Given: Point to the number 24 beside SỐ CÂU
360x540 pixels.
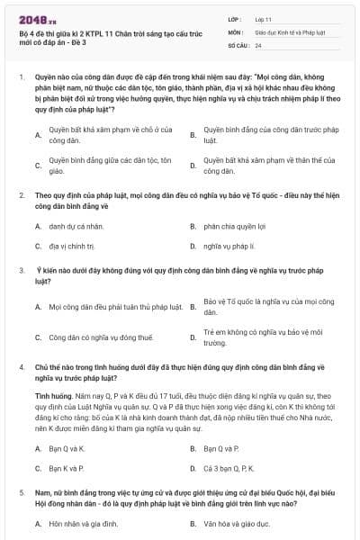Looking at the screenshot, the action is [258, 44].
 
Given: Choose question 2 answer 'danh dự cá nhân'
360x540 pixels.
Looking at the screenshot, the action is [74, 227].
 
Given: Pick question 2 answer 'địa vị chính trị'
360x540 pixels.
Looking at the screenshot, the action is [72, 245].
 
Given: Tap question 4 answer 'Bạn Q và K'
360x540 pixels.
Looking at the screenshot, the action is [67, 448].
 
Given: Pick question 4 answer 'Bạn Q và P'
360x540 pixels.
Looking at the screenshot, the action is [221, 448].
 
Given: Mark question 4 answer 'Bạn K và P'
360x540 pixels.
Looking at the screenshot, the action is [67, 468].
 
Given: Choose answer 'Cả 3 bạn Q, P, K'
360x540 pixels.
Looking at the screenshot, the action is [229, 468].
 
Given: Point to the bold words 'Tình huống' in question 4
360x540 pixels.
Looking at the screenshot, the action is [50, 395].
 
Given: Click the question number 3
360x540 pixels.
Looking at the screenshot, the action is [21, 269].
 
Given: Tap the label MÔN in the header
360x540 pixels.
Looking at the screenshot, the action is [236, 31].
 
